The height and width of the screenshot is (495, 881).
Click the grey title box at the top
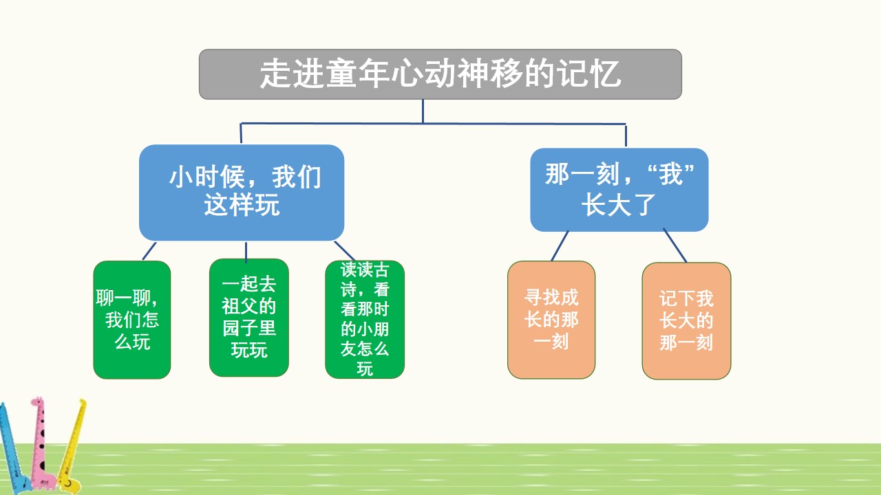tap(440, 74)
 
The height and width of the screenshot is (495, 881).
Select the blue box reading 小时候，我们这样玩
tap(242, 192)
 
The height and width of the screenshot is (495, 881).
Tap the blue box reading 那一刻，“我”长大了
tap(619, 190)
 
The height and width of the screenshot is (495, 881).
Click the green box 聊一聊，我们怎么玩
tap(131, 320)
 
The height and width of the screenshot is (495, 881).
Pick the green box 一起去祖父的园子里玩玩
tap(248, 318)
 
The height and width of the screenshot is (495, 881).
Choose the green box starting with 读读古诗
tap(365, 319)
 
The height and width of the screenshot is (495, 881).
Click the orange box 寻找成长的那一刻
tap(551, 320)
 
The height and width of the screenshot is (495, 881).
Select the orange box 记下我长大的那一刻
tap(686, 321)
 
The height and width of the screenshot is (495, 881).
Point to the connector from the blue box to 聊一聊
tap(149, 251)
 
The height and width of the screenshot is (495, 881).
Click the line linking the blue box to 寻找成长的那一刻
tap(560, 246)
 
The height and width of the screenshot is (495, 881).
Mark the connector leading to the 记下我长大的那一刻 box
tap(675, 246)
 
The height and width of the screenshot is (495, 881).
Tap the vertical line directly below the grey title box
tap(423, 111)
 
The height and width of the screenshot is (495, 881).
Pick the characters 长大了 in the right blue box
tap(617, 206)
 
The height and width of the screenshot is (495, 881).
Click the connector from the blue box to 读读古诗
tap(344, 250)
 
